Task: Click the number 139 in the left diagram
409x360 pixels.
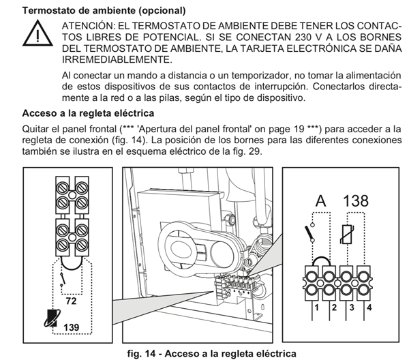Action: [71, 327]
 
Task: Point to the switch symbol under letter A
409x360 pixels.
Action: [310, 235]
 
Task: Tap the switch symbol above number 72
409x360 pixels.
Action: [62, 277]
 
